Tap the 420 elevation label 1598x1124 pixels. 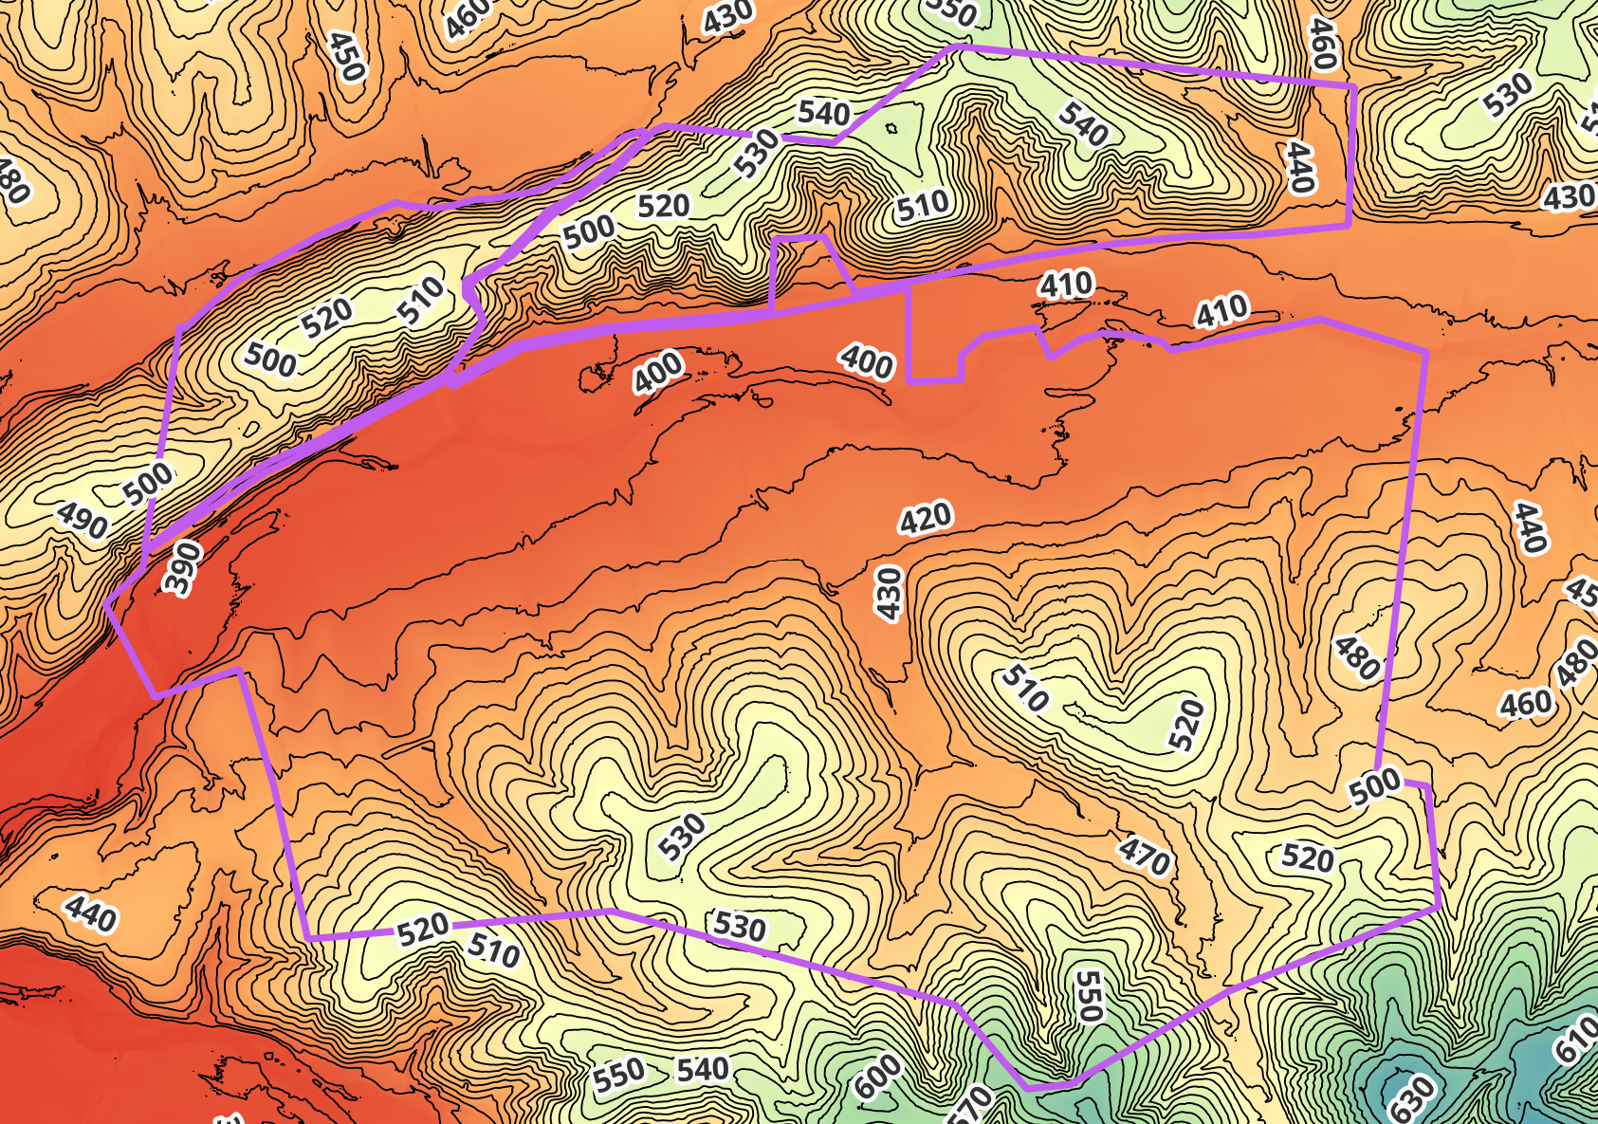[x=925, y=519]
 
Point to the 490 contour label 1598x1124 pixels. [x=82, y=520]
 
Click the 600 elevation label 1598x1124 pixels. [x=878, y=1076]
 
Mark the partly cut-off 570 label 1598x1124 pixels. [x=969, y=1106]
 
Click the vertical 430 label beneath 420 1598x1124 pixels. [x=888, y=594]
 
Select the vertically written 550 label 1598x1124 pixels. [x=1089, y=996]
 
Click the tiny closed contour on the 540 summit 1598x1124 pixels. [x=891, y=128]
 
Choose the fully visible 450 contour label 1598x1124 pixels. [x=345, y=56]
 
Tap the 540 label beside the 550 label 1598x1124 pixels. [x=702, y=1070]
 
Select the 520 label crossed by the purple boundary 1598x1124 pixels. [x=423, y=930]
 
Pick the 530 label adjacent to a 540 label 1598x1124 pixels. [x=757, y=153]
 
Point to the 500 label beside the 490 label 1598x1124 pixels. [x=149, y=483]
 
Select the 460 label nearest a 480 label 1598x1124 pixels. [x=1526, y=704]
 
